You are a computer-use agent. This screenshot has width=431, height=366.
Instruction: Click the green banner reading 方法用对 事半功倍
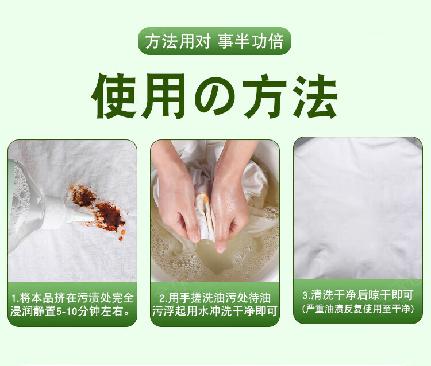[x=214, y=41]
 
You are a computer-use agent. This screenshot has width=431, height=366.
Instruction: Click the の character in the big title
[x=215, y=96]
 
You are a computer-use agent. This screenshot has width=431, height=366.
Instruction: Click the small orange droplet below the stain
[x=121, y=238]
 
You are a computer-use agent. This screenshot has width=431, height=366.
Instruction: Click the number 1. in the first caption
[x=16, y=298]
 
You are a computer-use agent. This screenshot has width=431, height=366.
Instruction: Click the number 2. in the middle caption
[x=164, y=298]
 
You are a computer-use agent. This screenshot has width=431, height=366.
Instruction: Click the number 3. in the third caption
[x=307, y=296]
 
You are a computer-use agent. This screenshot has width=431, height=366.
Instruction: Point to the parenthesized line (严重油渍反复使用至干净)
[x=358, y=309]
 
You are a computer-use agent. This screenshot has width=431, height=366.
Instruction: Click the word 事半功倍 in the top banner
[x=251, y=41]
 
